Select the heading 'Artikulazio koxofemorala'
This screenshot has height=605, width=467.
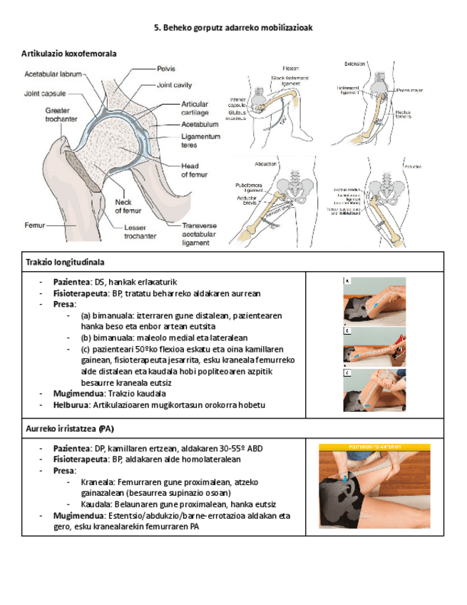pos(69,54)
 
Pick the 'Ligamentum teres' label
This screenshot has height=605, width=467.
pos(201,140)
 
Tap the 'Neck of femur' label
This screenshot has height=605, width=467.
pos(123,205)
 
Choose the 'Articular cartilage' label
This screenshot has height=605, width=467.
pos(195,108)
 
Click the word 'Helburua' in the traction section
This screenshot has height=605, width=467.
pos(71,405)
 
